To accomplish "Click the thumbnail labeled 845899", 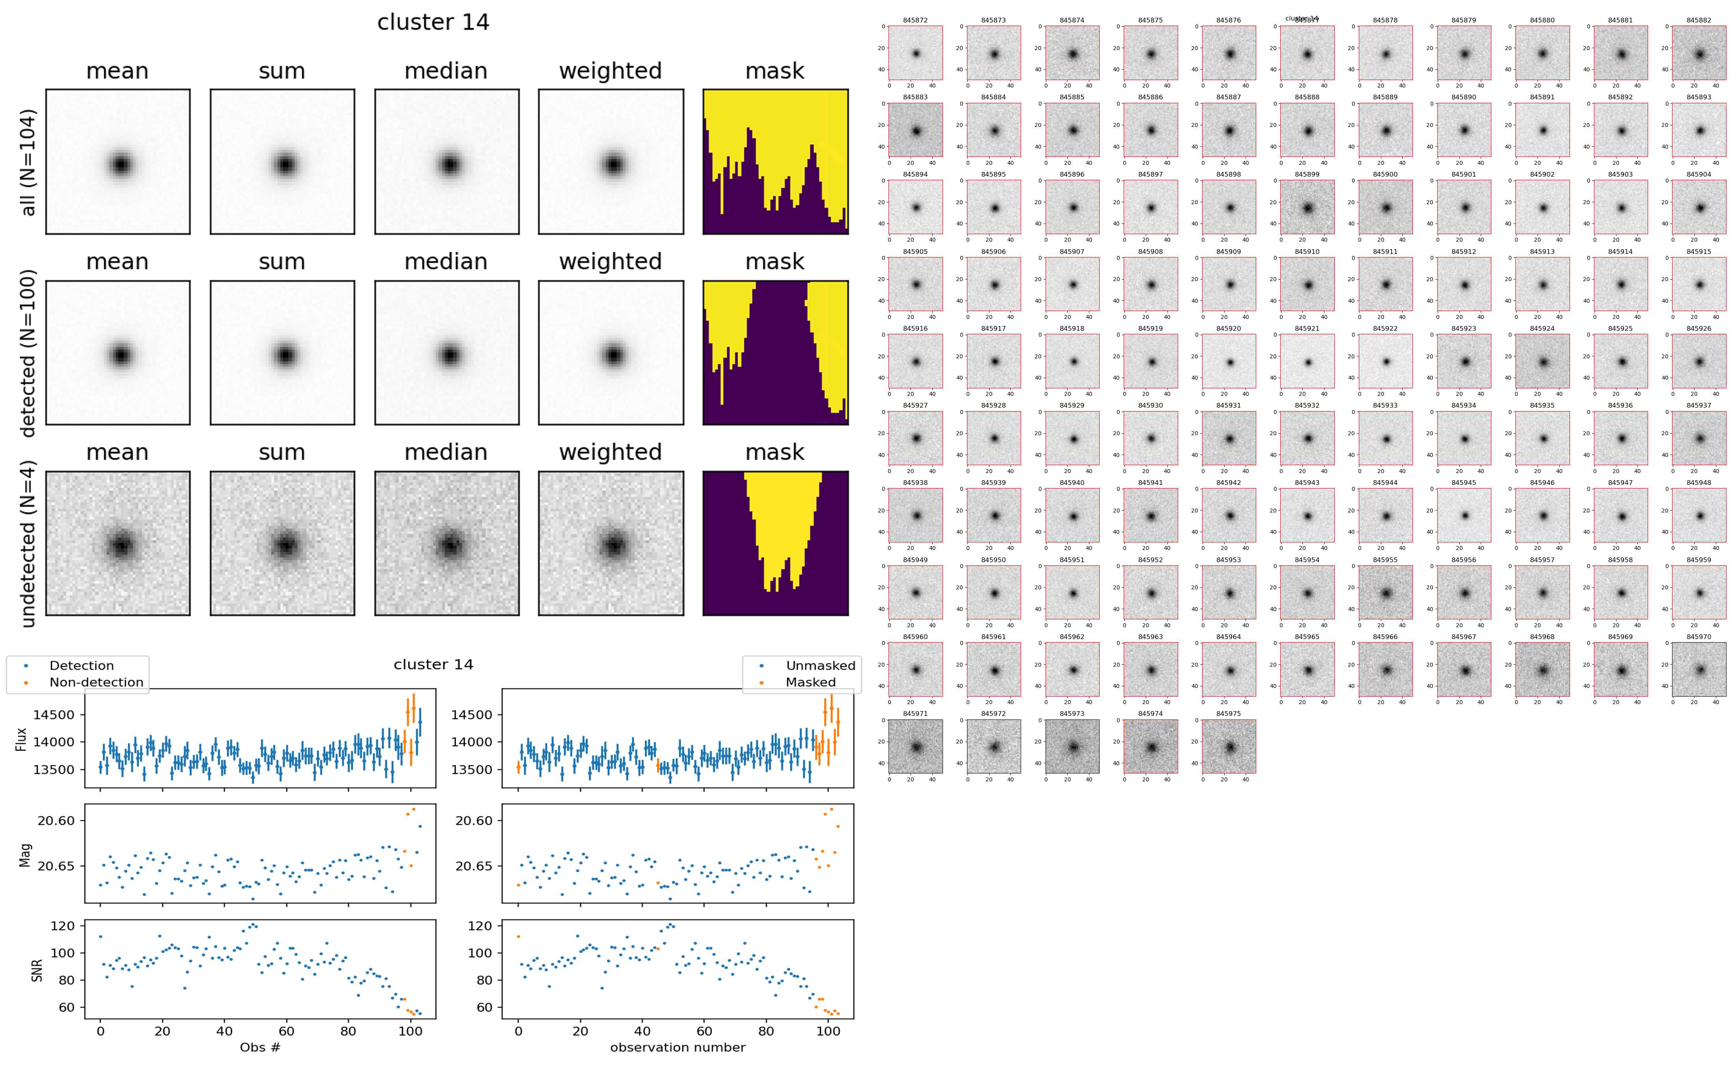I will (x=1307, y=207).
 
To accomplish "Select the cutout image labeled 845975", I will (x=1229, y=747).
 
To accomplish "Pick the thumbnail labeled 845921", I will (x=1307, y=362).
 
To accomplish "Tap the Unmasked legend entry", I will (x=820, y=665).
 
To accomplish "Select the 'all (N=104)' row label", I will (x=28, y=162).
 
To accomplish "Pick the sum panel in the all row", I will (x=282, y=162).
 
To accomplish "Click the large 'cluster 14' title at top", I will (x=433, y=22).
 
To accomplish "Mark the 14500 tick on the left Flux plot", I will (x=54, y=715).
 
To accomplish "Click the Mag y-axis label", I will (x=25, y=854).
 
